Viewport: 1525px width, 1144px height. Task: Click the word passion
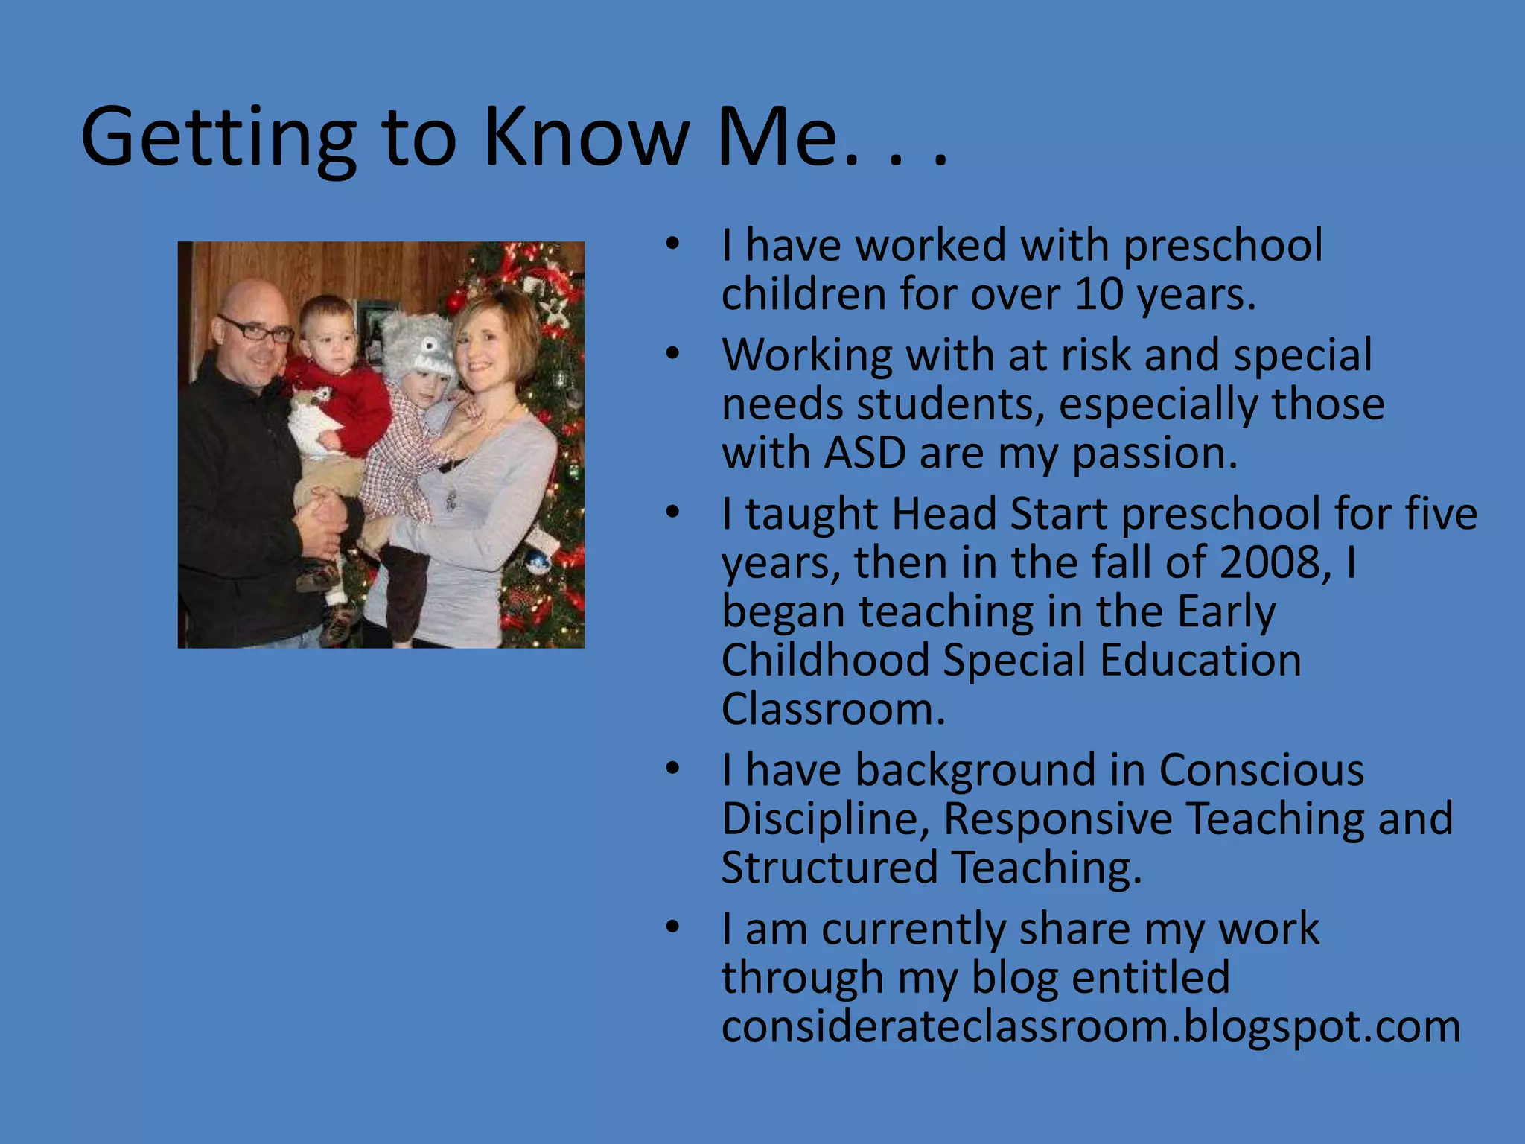coord(1154,454)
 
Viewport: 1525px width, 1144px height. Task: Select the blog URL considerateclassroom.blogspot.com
coord(1091,1026)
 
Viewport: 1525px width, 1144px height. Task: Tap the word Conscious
coord(1261,769)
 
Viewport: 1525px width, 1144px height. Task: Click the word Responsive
coord(1058,819)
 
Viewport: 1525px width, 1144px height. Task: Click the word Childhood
coord(825,661)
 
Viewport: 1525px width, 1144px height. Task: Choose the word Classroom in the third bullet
coord(832,709)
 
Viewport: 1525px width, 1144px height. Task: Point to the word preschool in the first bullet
coord(1222,245)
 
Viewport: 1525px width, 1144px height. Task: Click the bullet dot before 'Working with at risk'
coord(673,354)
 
